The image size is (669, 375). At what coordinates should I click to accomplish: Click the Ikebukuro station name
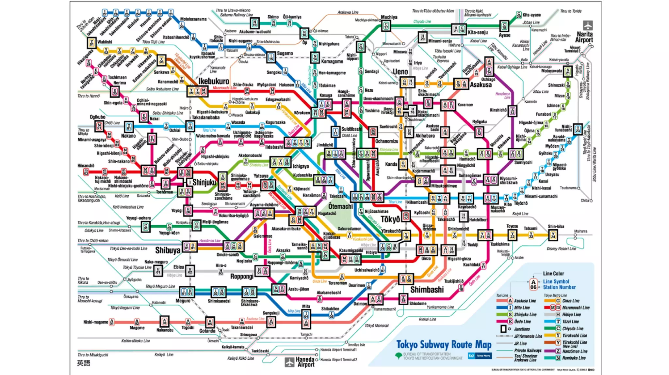[x=214, y=81]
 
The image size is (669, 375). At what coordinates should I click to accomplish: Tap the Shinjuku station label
[x=204, y=182]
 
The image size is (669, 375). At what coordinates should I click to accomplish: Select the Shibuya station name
[x=168, y=250]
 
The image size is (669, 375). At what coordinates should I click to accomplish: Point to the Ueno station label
[x=400, y=71]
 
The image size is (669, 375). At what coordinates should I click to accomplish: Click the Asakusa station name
[x=481, y=85]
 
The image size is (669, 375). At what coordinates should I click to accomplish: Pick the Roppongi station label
[x=242, y=277]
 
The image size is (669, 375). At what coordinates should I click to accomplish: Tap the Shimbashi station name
[x=427, y=290]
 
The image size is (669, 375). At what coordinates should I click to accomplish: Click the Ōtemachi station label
[x=340, y=206]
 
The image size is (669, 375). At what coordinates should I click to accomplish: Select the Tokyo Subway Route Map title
[x=444, y=344]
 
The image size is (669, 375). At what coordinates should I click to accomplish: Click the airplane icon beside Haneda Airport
[x=289, y=362]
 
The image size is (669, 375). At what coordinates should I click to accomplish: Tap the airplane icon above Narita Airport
[x=587, y=25]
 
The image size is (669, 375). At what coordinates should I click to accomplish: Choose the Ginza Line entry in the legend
[x=571, y=301]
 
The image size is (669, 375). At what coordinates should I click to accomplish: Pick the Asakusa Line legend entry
[x=525, y=301]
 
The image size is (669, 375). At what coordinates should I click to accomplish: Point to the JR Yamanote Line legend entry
[x=528, y=336]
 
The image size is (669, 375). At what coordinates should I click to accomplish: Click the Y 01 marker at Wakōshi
[x=91, y=42]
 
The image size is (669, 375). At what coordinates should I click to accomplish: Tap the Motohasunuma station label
[x=193, y=19]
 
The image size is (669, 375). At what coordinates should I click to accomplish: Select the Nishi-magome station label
[x=95, y=322]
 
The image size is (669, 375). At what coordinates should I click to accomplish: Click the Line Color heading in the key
[x=553, y=274]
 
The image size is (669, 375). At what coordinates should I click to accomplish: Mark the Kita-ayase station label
[x=531, y=15]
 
